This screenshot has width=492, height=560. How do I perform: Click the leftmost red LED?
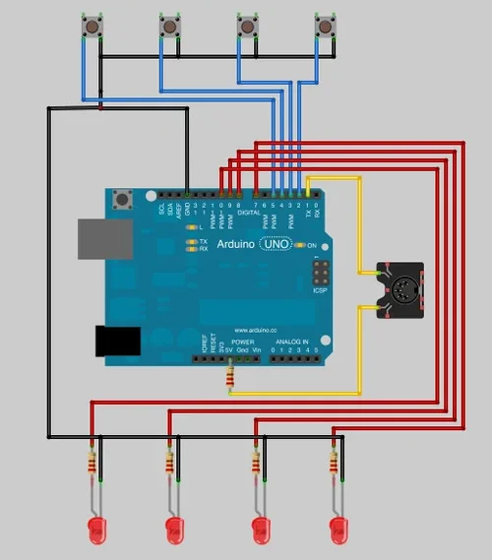coord(97,532)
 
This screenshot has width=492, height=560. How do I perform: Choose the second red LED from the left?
coord(176,532)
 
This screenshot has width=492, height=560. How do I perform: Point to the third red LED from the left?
coord(261,532)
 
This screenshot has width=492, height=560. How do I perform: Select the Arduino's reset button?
coord(123,200)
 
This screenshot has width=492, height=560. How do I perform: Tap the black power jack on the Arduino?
coord(115,341)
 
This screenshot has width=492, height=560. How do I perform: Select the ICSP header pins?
coord(320,271)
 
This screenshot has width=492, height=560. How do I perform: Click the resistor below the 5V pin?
coord(230,376)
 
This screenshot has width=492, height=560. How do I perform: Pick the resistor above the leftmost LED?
coord(93,461)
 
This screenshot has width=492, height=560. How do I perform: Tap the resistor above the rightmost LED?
coord(335,461)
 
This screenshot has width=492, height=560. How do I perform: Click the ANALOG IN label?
coord(291,341)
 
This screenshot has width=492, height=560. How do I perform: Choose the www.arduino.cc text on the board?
coord(254,330)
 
